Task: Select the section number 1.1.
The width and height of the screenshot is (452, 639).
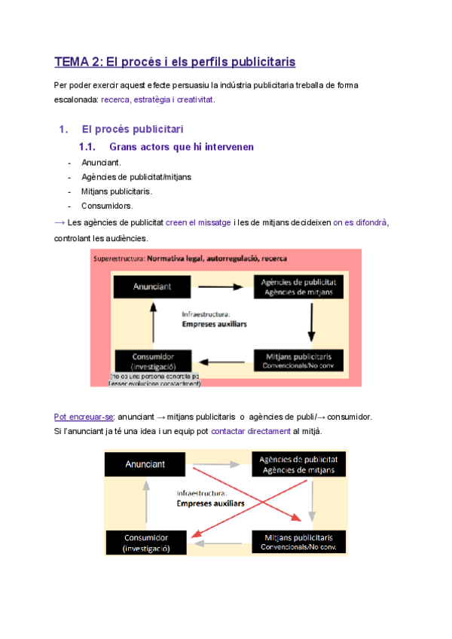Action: pyautogui.click(x=90, y=147)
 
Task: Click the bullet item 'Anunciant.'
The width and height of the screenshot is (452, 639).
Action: pyautogui.click(x=101, y=162)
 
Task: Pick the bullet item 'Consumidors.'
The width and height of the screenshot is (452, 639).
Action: pyautogui.click(x=107, y=206)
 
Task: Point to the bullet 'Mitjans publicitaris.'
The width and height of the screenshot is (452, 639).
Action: pyautogui.click(x=116, y=191)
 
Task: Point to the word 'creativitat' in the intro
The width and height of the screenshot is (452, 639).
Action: pyautogui.click(x=192, y=99)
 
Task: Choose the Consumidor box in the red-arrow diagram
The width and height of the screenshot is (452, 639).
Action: pyautogui.click(x=146, y=543)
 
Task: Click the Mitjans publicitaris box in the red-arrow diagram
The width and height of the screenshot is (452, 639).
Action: pyautogui.click(x=298, y=542)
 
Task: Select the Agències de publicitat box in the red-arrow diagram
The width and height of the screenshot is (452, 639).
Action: pyautogui.click(x=298, y=465)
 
